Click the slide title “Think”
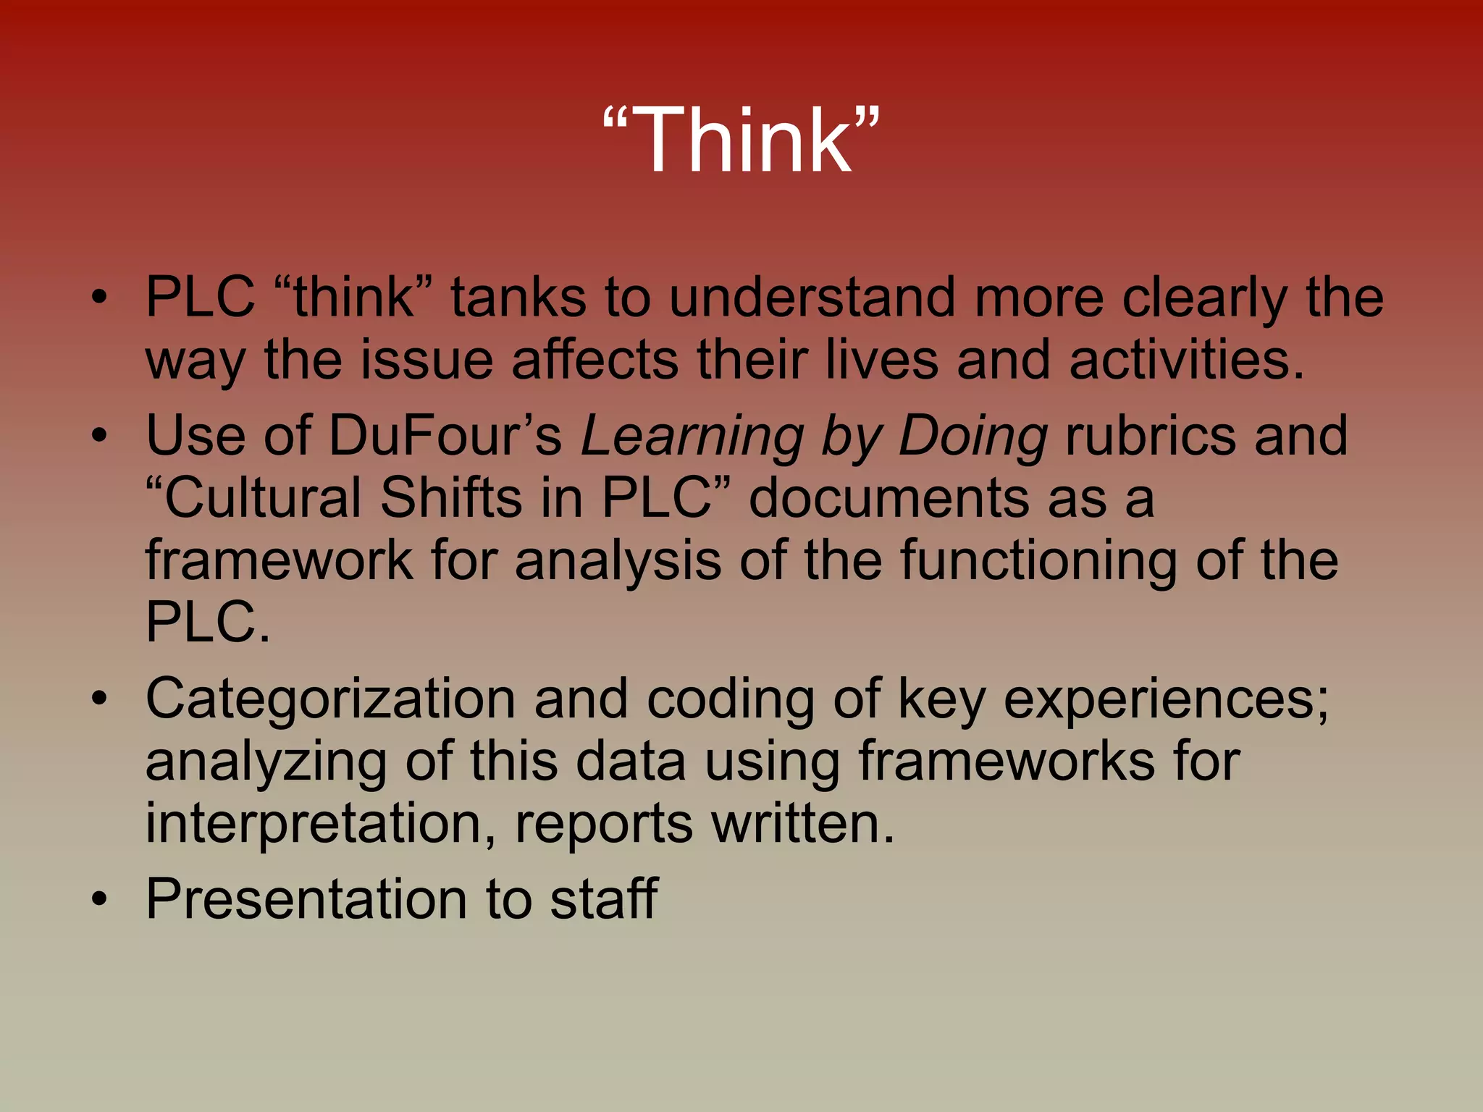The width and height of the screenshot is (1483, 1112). tap(741, 140)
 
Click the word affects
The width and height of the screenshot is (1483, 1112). tap(595, 360)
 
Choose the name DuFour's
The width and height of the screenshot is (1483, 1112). tap(445, 436)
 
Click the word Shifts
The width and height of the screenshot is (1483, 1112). tap(450, 498)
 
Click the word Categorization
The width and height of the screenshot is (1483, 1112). tap(330, 699)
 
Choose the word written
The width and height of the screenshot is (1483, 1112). tap(802, 824)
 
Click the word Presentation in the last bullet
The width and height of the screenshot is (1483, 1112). tap(306, 899)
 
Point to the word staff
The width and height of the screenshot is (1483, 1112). tap(603, 899)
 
